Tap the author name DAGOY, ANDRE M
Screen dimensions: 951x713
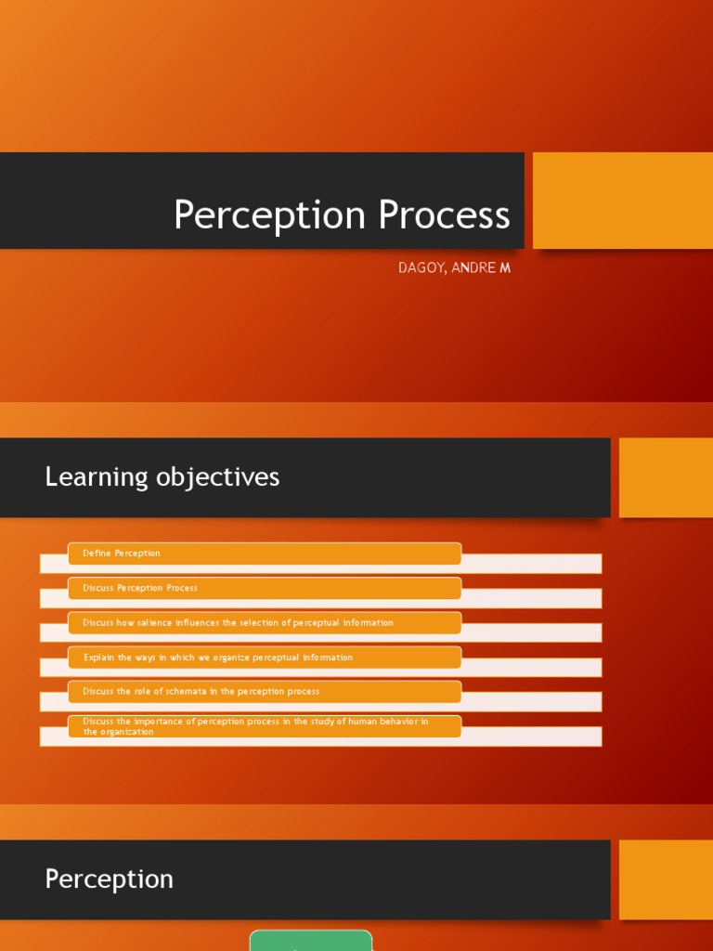[454, 268]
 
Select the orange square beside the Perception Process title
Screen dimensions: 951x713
[622, 201]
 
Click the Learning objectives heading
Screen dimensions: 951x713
[162, 477]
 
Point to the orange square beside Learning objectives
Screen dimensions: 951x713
[665, 477]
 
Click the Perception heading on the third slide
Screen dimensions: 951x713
[109, 879]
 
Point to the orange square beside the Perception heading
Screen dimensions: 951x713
[665, 879]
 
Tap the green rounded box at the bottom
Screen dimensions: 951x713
[311, 940]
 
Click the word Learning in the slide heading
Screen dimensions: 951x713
[97, 477]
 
